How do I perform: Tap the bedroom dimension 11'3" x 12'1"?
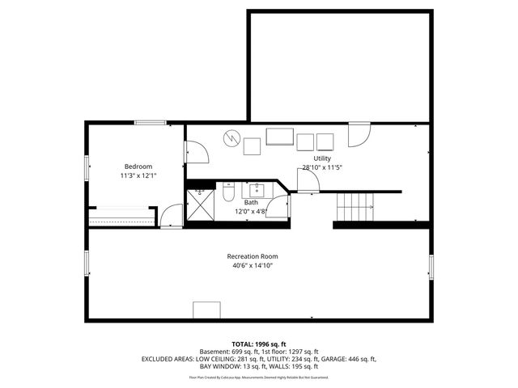(138, 175)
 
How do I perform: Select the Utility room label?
(322, 158)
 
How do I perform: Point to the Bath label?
(240, 202)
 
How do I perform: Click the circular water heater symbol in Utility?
(231, 139)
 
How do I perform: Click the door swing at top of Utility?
(359, 135)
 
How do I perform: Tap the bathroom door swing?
(279, 205)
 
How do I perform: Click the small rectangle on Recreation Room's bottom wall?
(206, 310)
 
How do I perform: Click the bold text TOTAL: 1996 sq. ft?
(259, 344)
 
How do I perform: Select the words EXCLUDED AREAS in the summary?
(168, 358)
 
